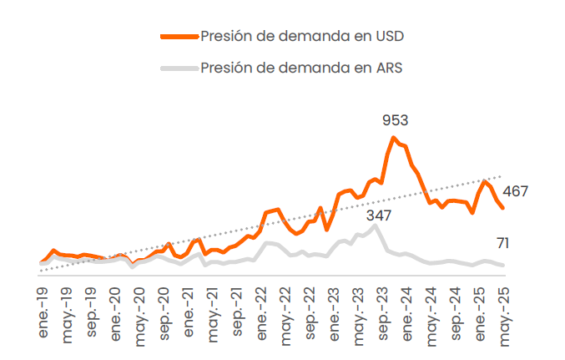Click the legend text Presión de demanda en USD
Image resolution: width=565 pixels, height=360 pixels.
pyautogui.click(x=302, y=36)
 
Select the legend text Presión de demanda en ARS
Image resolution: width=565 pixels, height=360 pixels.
pyautogui.click(x=301, y=68)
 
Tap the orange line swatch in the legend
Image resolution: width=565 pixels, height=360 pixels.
pyautogui.click(x=179, y=36)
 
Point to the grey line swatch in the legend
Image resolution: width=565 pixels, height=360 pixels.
pyautogui.click(x=179, y=68)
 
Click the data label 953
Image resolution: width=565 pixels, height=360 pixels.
pyautogui.click(x=395, y=121)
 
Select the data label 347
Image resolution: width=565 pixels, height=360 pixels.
pyautogui.click(x=377, y=215)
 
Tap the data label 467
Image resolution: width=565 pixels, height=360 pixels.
pyautogui.click(x=515, y=192)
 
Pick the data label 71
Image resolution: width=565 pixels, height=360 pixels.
pyautogui.click(x=502, y=244)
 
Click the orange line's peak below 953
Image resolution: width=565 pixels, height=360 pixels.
pyautogui.click(x=394, y=138)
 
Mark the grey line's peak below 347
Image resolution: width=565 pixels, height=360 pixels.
pyautogui.click(x=376, y=226)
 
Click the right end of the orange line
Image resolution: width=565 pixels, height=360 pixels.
pyautogui.click(x=502, y=208)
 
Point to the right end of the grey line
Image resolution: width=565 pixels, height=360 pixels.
pyautogui.click(x=502, y=266)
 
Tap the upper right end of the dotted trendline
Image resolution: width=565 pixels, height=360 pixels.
pyautogui.click(x=501, y=176)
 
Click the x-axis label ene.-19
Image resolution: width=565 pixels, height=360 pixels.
pyautogui.click(x=43, y=312)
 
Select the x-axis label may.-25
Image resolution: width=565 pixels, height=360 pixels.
pyautogui.click(x=502, y=312)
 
